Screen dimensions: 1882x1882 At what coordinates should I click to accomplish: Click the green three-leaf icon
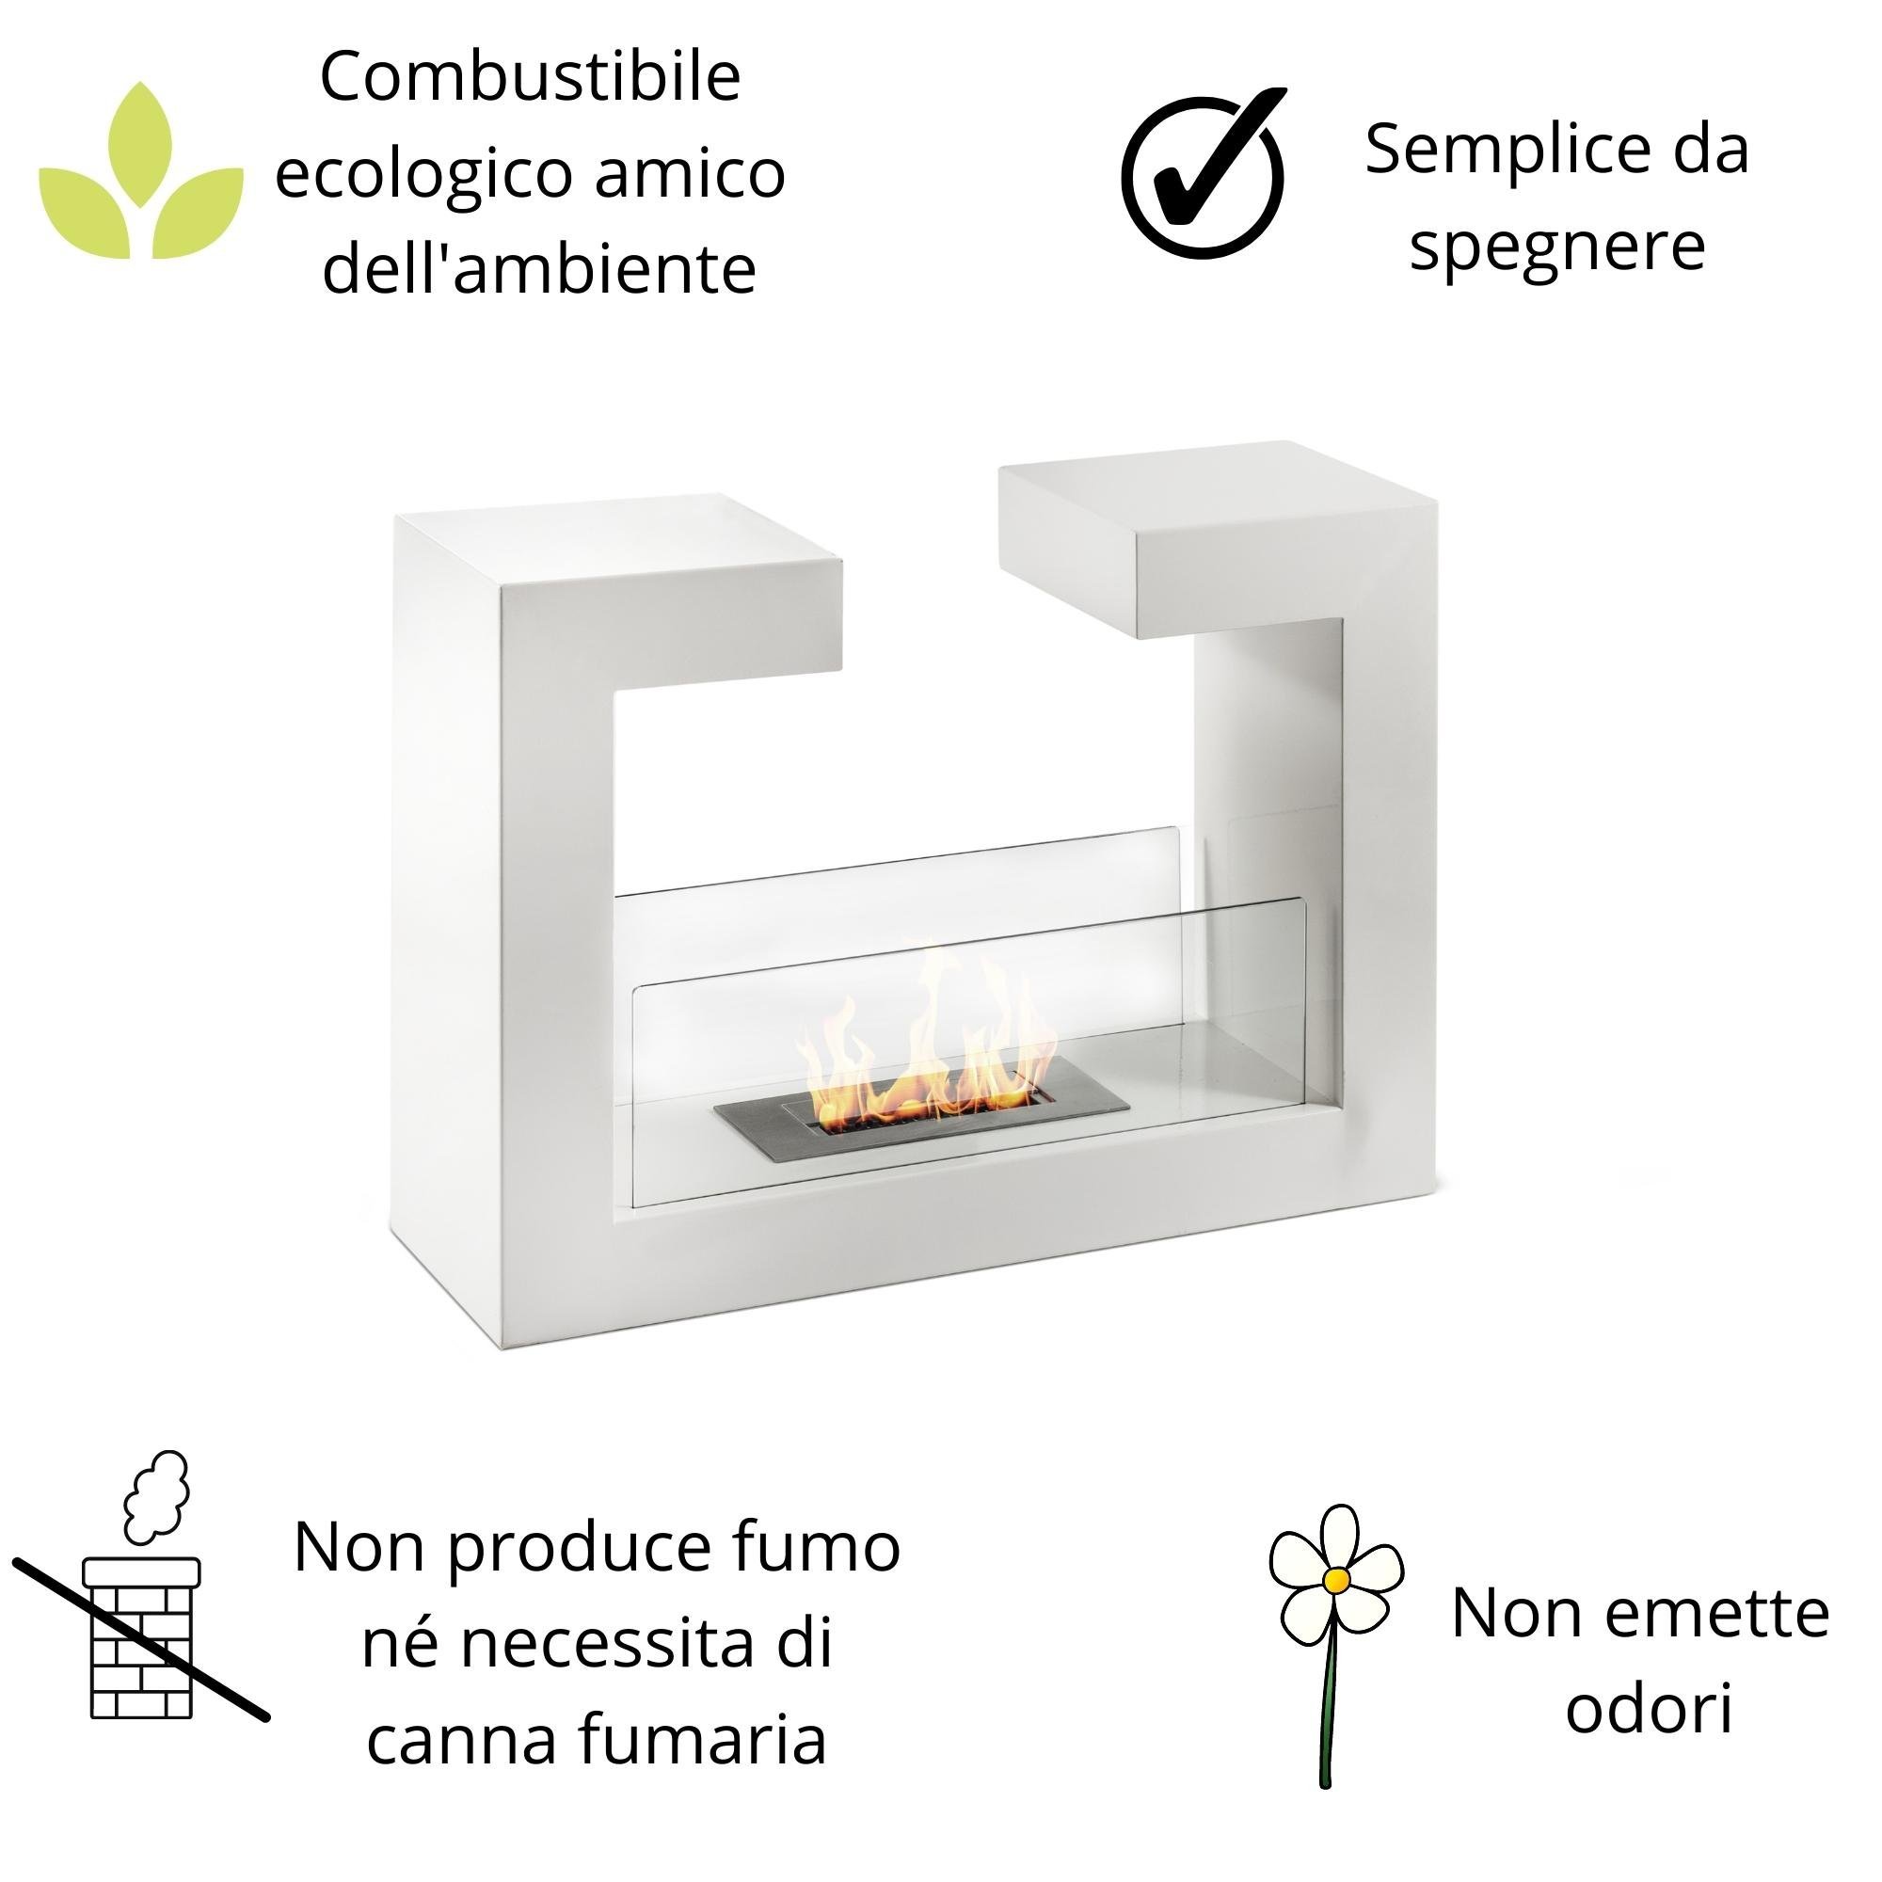point(141,175)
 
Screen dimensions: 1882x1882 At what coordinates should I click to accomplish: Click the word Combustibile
point(530,78)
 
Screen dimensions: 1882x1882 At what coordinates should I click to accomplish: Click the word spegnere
point(1556,247)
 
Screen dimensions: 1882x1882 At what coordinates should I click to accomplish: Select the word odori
point(1649,1709)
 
